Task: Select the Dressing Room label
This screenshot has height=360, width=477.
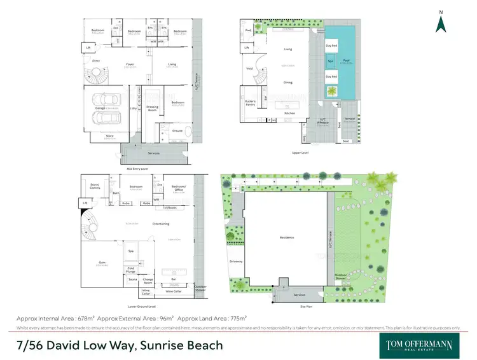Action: [152, 107]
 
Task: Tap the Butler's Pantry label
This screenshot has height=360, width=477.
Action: [250, 103]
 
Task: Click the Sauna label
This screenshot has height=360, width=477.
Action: [132, 279]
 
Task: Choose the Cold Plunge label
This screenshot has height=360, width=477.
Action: [132, 269]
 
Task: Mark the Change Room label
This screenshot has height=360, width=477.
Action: [149, 280]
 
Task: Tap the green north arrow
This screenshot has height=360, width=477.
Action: [441, 23]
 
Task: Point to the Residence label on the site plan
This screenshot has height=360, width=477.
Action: [287, 237]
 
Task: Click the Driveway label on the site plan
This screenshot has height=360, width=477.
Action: [236, 261]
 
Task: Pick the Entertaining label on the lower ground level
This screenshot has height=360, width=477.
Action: [151, 224]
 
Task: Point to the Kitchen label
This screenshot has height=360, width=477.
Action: [289, 113]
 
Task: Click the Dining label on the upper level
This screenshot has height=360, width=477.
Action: [287, 83]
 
